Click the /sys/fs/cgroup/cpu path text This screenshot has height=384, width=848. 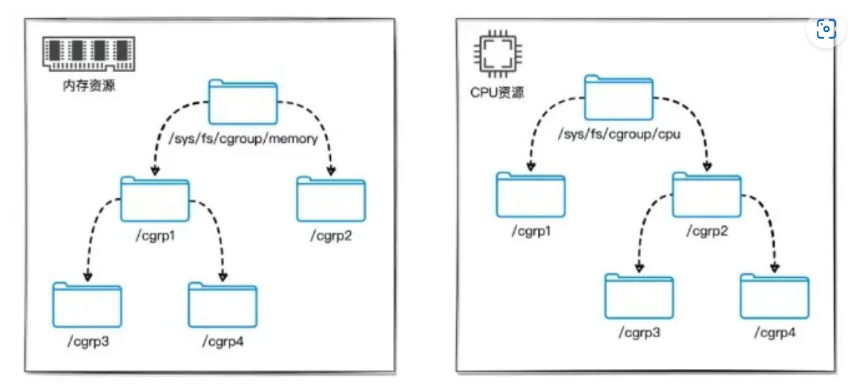click(x=619, y=135)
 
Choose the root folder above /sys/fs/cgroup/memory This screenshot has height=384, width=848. click(x=243, y=102)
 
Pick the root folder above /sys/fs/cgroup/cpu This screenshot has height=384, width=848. click(x=619, y=98)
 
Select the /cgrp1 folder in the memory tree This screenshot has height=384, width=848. click(x=155, y=200)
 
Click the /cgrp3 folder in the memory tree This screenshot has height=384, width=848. click(x=87, y=305)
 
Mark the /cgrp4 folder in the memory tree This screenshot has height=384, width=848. click(x=223, y=305)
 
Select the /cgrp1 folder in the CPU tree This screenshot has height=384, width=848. click(x=530, y=195)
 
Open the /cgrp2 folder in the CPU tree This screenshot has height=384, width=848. click(x=706, y=195)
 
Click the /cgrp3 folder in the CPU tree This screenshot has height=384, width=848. click(x=639, y=296)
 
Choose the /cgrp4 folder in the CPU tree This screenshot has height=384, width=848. click(x=775, y=296)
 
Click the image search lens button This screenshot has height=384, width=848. click(x=826, y=30)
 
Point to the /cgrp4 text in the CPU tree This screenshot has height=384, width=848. click(x=775, y=332)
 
